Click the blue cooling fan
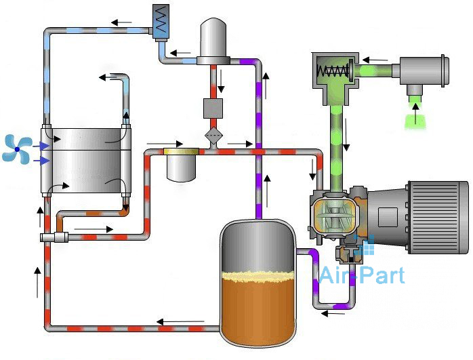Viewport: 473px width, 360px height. click(16, 149)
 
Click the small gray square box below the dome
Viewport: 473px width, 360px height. click(213, 108)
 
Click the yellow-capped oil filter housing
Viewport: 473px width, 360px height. click(182, 163)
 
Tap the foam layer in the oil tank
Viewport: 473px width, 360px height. click(258, 276)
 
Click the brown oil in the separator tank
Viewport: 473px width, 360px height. click(258, 308)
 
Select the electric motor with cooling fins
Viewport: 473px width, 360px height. click(434, 207)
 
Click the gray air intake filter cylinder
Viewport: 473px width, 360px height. click(420, 70)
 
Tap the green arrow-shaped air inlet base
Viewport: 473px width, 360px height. click(413, 120)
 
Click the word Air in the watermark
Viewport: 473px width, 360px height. click(337, 275)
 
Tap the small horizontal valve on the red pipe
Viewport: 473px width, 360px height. click(52, 237)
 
